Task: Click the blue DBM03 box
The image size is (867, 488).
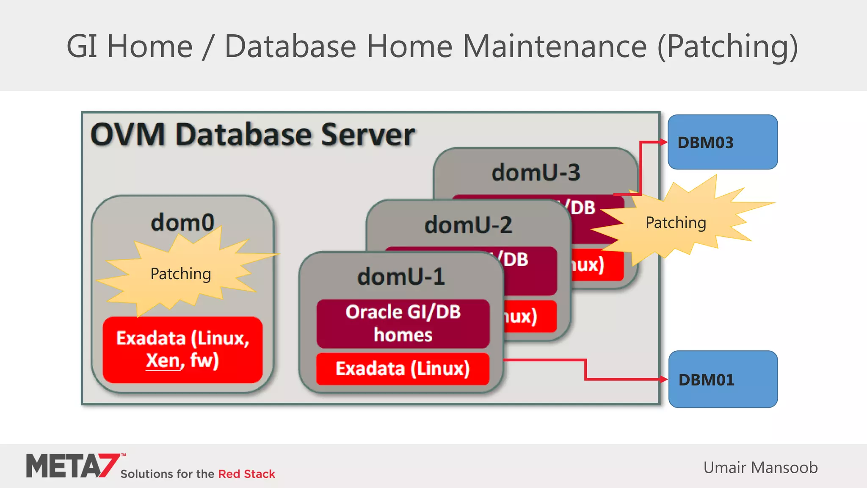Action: pos(722,142)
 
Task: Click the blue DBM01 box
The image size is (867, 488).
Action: pos(723,379)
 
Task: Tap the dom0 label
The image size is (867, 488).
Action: pos(182,222)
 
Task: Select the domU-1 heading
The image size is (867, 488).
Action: pos(401,277)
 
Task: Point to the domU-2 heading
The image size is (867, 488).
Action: pos(468,225)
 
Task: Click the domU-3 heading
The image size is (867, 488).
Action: pos(536,172)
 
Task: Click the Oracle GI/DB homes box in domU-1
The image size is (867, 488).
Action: pos(403,324)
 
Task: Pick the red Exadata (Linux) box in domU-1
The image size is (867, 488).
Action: pos(403,369)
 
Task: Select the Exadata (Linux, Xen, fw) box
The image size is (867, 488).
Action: pos(182,349)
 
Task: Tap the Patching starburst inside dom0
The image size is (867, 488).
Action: pos(181,274)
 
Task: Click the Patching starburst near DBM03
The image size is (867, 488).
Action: pos(676,222)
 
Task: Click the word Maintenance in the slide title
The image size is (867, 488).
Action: pos(555,46)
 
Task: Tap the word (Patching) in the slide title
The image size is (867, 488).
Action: pos(727,46)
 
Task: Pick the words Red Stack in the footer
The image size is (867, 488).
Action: pos(246,474)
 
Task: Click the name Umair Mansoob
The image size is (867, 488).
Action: pos(760,468)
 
